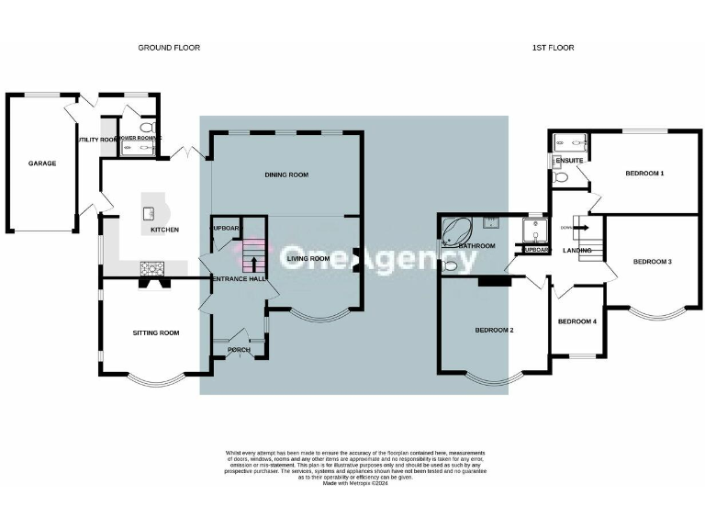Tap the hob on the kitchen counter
coord(151,268)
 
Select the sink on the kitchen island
coord(147,213)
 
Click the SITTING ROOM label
coord(155,332)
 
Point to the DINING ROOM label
coord(286,174)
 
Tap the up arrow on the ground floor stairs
coord(253,264)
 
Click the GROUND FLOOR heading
coord(169,47)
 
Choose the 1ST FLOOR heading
coord(554,47)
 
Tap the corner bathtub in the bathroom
coord(456,231)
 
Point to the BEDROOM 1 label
coord(644,173)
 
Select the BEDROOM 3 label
coord(653,262)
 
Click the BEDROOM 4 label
coord(577,321)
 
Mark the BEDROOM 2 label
coord(493,330)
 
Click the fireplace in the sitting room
coord(150,284)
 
